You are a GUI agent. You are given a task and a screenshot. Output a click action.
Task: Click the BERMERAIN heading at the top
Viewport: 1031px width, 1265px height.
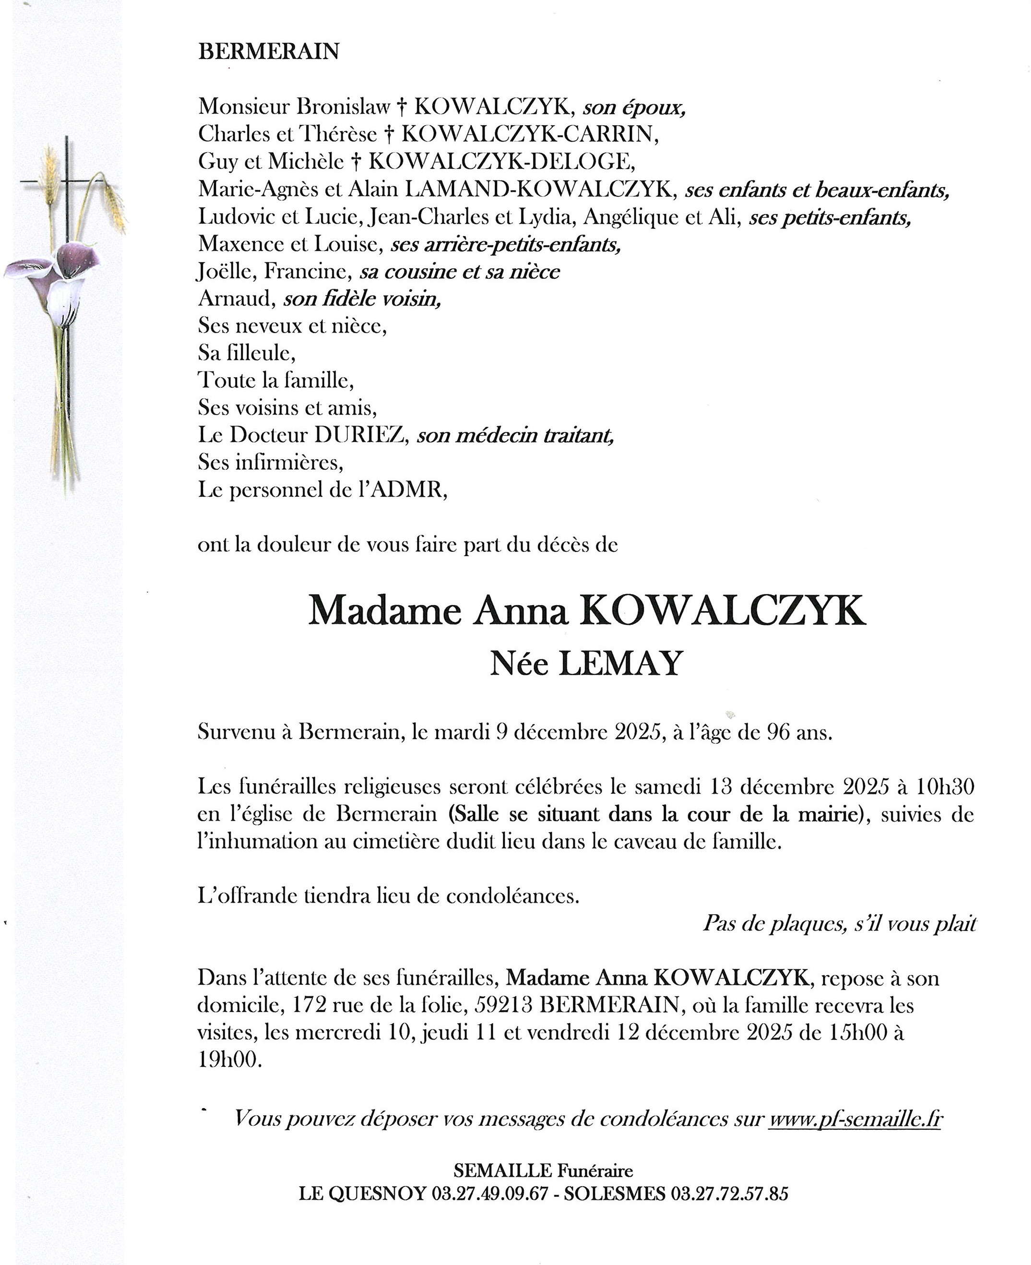click(x=269, y=52)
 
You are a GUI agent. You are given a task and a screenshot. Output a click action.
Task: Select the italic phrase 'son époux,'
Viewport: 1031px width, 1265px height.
click(x=634, y=107)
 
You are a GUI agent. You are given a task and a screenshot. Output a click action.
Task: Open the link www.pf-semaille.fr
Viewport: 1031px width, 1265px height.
click(x=855, y=1120)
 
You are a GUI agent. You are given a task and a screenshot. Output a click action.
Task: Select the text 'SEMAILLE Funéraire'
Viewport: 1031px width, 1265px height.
click(x=543, y=1170)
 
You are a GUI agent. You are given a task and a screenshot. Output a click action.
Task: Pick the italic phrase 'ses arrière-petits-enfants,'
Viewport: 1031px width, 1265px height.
click(x=506, y=245)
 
